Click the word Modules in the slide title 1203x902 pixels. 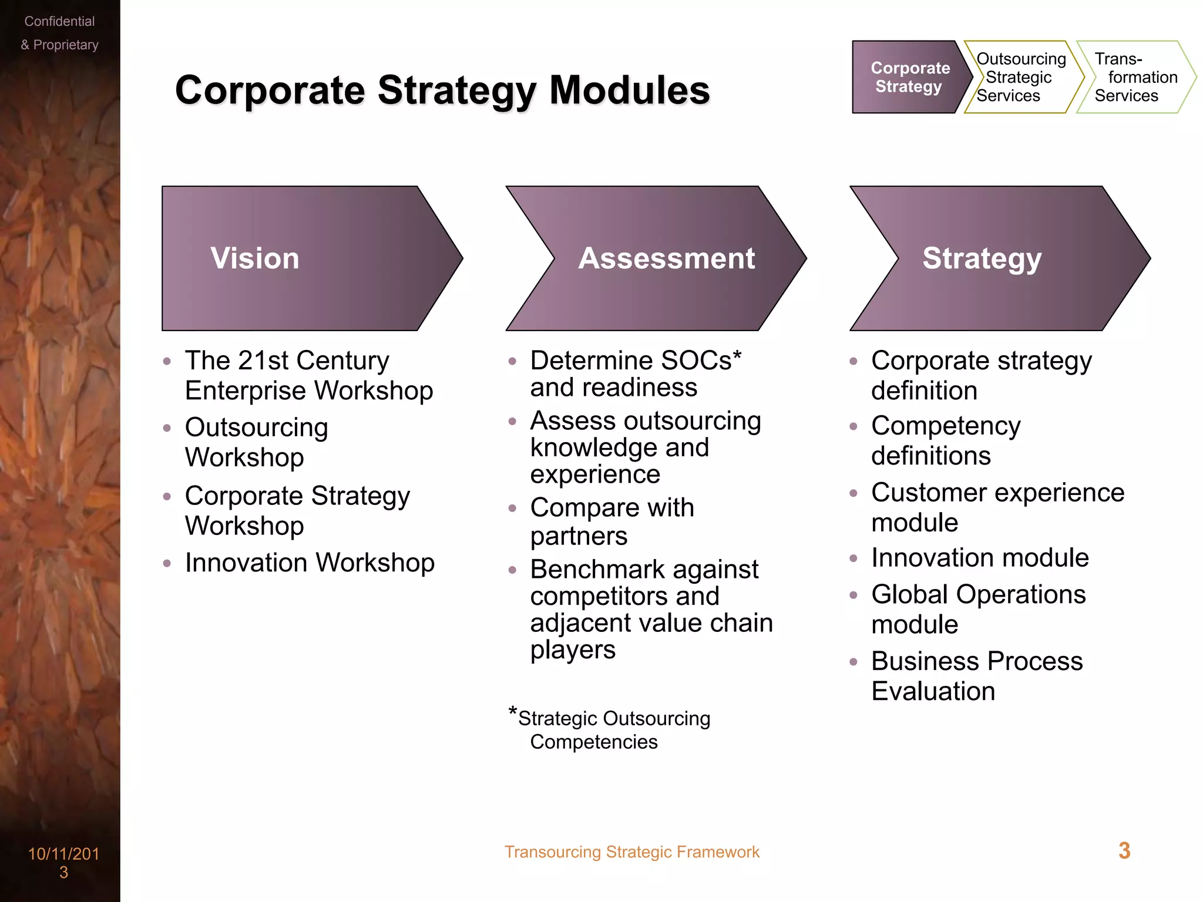point(629,90)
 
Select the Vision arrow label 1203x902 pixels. point(255,258)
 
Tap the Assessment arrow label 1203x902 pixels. point(666,258)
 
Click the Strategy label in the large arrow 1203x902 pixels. point(982,258)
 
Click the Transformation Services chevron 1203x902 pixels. point(1135,77)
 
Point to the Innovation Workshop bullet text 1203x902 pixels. point(310,563)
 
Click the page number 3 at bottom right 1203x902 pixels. point(1124,851)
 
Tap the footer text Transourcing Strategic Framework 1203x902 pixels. point(631,852)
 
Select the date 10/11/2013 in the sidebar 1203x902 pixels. point(63,862)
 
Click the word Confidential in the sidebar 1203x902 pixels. point(59,22)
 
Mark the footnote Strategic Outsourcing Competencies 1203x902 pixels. point(613,730)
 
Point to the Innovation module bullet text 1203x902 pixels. point(979,558)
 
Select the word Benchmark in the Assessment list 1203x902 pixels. point(597,570)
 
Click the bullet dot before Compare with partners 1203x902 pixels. point(512,509)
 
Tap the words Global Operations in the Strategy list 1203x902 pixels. point(978,594)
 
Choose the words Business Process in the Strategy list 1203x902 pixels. point(976,661)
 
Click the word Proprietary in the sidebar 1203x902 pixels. point(66,45)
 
